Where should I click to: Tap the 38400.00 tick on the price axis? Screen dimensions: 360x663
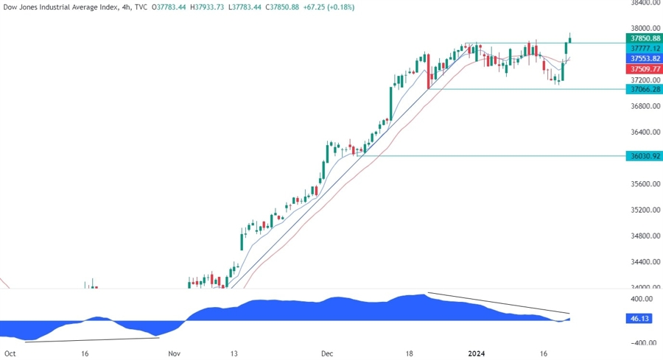(644, 2)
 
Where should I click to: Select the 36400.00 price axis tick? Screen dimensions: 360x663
(644, 133)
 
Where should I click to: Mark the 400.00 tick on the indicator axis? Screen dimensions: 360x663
(641, 300)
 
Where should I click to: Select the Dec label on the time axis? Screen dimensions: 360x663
(327, 353)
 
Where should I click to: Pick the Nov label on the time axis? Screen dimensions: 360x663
(174, 353)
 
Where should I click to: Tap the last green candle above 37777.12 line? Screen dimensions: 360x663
(570, 39)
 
